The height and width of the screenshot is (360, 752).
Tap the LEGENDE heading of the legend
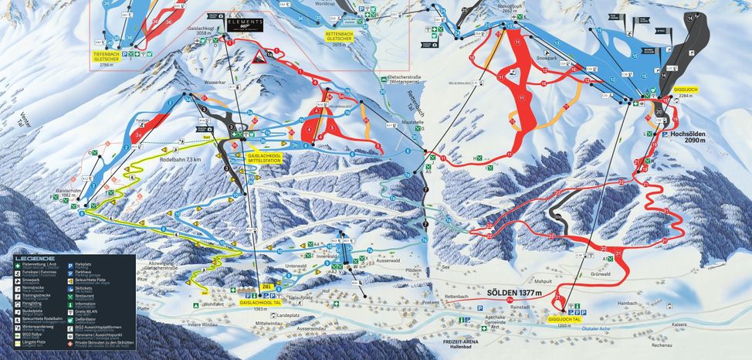pyautogui.click(x=39, y=258)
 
